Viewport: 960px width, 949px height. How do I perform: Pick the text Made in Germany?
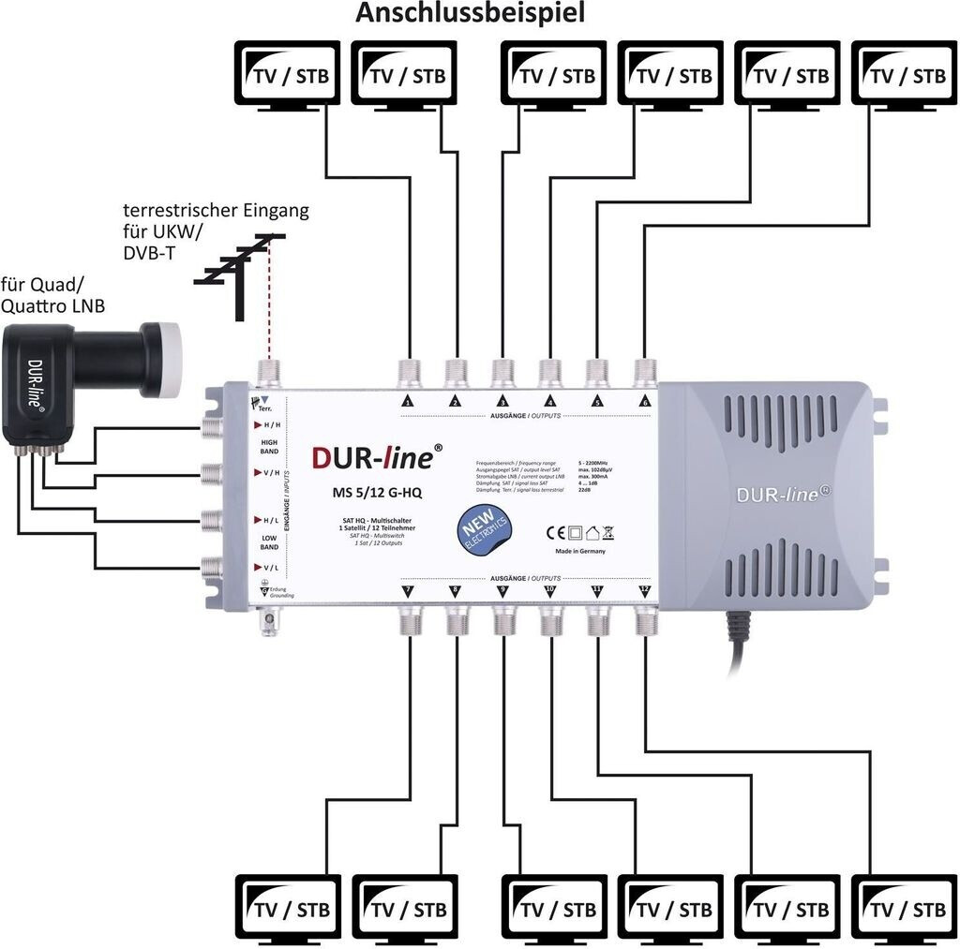[x=580, y=551]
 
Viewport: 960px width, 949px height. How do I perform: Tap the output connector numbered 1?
[x=409, y=372]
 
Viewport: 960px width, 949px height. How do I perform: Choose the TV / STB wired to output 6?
[x=906, y=75]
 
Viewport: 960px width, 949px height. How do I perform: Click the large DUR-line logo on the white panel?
[x=373, y=458]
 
